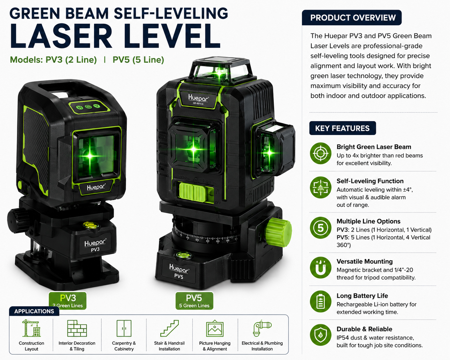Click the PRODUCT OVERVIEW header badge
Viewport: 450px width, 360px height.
[x=351, y=18]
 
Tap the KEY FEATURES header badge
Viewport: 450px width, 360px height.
[x=342, y=128]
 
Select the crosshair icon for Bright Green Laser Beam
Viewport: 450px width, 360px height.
[x=321, y=153]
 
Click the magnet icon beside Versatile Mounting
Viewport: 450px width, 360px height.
[x=321, y=268]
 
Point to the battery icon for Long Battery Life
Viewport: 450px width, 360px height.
[x=321, y=301]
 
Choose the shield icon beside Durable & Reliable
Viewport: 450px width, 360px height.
[x=321, y=335]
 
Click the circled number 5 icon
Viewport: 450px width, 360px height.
[x=321, y=228]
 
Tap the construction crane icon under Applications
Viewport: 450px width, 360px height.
[x=31, y=328]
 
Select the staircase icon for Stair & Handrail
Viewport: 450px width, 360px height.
[x=169, y=328]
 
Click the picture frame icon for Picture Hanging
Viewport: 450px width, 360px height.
[x=215, y=329]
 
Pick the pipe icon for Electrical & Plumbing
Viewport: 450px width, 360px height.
[x=262, y=328]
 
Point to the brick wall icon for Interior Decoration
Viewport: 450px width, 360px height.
[x=77, y=328]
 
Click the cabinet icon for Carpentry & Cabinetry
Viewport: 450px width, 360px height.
[x=124, y=328]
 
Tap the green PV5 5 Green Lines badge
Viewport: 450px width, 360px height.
[x=194, y=301]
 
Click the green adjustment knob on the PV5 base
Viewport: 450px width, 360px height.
[x=279, y=232]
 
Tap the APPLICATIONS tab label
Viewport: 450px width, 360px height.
[x=34, y=311]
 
